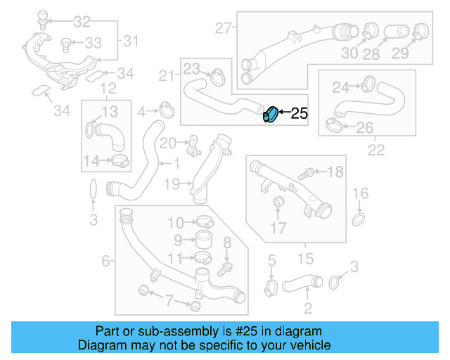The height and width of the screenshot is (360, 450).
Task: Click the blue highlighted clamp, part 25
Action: click(269, 114)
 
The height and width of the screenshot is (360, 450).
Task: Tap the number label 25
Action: click(299, 112)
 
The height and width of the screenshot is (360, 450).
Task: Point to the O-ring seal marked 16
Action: click(359, 220)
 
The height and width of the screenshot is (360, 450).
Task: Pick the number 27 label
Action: click(224, 29)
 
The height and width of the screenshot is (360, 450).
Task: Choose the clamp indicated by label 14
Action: click(120, 162)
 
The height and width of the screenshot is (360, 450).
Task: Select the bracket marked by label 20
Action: click(191, 146)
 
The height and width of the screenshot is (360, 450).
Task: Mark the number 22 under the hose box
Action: click(376, 150)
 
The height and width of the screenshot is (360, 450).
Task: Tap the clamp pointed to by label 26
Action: click(335, 127)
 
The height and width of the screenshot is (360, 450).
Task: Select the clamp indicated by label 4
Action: click(167, 110)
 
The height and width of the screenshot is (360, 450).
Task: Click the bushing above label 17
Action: click(277, 204)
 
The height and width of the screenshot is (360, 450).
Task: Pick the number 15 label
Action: click(306, 259)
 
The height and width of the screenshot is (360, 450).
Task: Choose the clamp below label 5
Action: click(271, 286)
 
